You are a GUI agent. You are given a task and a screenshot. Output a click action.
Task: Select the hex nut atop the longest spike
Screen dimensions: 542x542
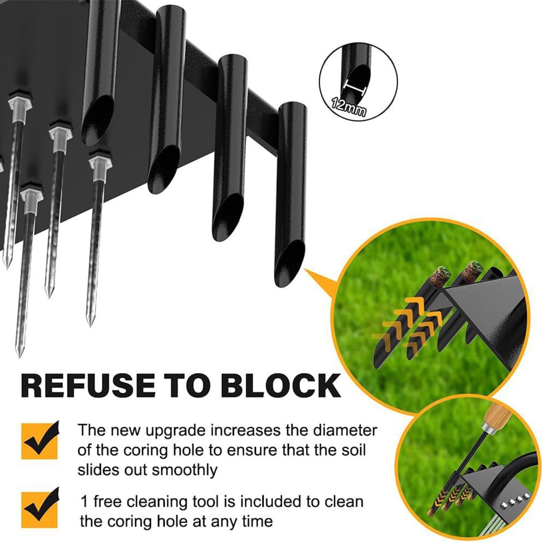click(x=31, y=194)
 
